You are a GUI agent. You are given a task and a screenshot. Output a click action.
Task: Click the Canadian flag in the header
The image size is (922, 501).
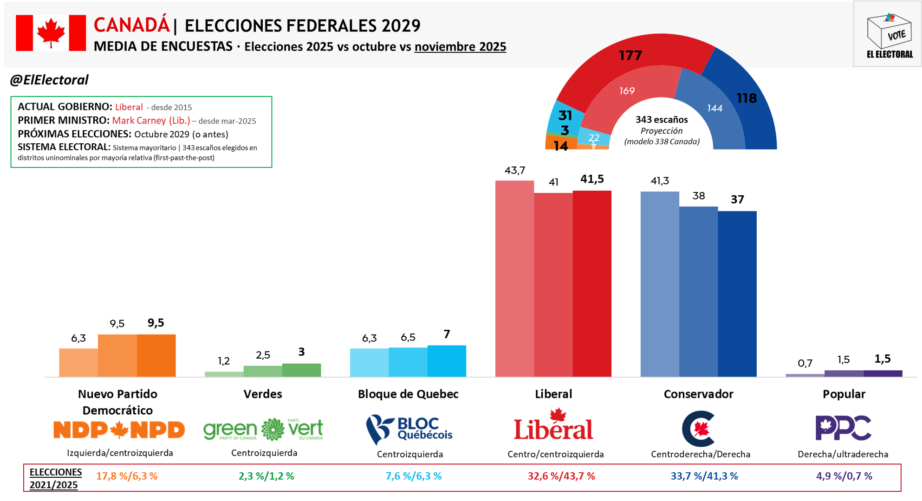tap(51, 32)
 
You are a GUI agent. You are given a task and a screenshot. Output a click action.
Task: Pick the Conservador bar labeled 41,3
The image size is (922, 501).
tap(660, 283)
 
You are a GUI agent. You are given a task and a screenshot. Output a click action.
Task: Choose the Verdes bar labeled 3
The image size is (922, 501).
tap(301, 370)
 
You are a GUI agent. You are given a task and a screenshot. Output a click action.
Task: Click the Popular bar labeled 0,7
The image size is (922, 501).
tap(805, 375)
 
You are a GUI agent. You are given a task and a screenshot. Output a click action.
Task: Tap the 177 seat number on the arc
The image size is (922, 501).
tap(630, 56)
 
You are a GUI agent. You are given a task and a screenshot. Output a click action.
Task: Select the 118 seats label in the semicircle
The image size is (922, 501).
tap(747, 98)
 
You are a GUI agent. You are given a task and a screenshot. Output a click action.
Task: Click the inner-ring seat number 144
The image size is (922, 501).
tap(714, 108)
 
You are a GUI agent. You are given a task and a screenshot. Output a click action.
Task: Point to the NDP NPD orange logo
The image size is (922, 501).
tap(119, 430)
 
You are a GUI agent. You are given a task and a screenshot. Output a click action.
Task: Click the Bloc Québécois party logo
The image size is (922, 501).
tap(409, 429)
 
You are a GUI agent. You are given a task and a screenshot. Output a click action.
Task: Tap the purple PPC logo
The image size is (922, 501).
tap(843, 428)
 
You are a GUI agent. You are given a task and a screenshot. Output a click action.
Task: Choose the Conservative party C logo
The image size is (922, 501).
tap(698, 428)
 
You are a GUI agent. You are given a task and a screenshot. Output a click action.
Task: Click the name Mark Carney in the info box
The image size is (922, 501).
tap(138, 121)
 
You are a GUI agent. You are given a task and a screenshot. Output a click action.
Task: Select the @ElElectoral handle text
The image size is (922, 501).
tap(49, 80)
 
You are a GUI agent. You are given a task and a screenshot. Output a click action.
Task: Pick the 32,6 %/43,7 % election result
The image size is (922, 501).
tap(561, 476)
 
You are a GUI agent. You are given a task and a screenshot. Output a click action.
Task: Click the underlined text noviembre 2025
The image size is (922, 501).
tap(460, 46)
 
